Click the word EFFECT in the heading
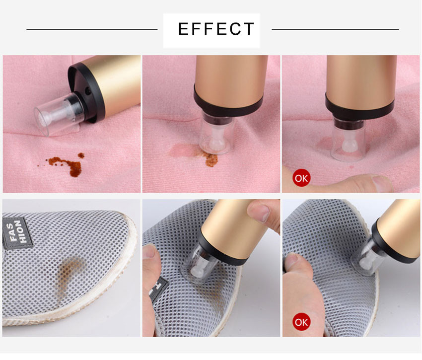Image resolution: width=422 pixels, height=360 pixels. [216, 29]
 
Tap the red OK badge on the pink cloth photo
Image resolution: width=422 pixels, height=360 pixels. [301, 178]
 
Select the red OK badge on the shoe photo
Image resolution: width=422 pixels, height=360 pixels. [301, 322]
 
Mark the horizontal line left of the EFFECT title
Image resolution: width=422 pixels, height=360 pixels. [92, 29]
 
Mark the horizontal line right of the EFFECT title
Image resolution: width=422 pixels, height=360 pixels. [335, 29]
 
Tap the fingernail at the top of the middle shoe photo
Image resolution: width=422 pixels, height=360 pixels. [259, 212]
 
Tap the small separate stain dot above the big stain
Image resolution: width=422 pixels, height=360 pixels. [81, 155]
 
